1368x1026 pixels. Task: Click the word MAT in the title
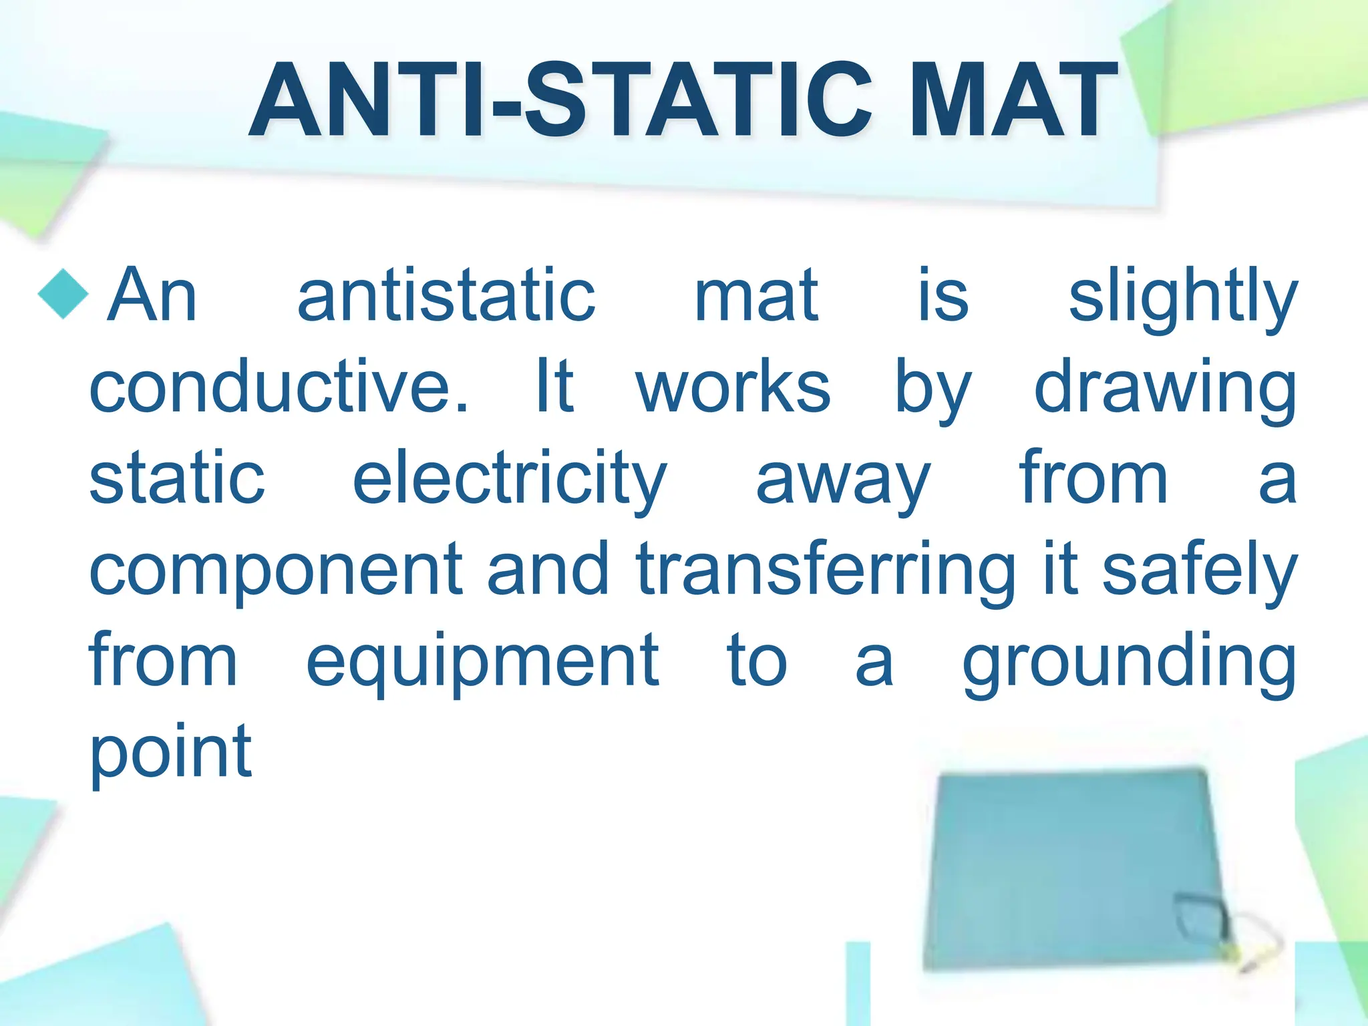[x=1014, y=100]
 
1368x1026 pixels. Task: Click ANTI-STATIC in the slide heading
[x=560, y=100]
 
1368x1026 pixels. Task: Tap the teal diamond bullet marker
[x=63, y=294]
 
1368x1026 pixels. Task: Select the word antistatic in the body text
[x=446, y=295]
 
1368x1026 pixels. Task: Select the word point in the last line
[x=171, y=753]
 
